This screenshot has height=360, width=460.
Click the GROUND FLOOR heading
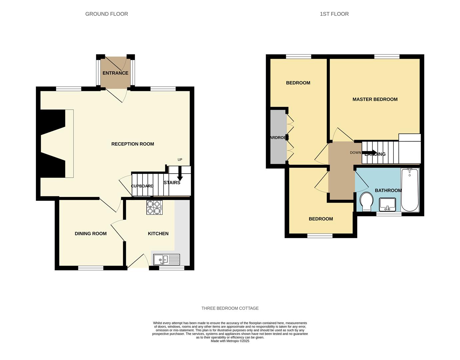click(x=107, y=14)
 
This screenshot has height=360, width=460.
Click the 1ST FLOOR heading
click(x=334, y=14)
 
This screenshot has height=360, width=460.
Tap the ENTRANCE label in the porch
click(x=115, y=73)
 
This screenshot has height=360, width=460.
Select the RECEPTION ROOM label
click(x=133, y=144)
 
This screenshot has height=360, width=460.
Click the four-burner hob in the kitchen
click(x=154, y=207)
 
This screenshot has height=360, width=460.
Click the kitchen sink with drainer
click(x=167, y=259)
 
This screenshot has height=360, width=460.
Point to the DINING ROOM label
click(x=91, y=234)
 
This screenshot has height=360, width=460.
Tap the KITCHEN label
click(x=158, y=234)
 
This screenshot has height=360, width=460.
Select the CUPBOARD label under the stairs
click(x=142, y=186)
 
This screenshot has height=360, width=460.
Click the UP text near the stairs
click(x=180, y=160)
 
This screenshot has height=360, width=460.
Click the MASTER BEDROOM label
click(x=375, y=99)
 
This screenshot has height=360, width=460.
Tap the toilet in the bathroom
click(x=366, y=201)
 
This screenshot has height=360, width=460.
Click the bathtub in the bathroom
click(x=410, y=190)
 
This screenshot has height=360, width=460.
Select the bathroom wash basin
click(x=387, y=204)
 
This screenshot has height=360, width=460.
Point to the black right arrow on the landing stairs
click(x=370, y=153)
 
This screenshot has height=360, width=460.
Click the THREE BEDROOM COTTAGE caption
click(x=230, y=308)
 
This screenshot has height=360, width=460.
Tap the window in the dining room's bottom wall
click(x=91, y=268)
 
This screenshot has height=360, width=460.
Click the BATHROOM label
click(x=388, y=190)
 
